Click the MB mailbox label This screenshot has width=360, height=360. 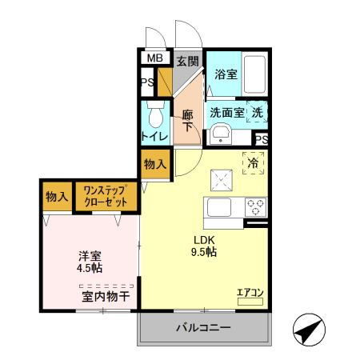154,58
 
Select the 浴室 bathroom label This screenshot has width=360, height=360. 226,74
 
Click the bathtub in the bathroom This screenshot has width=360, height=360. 254,74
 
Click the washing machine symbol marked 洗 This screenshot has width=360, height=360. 258,113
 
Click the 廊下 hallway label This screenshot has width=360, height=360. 187,119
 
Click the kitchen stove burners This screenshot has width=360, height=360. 256,207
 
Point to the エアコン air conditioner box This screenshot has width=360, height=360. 250,296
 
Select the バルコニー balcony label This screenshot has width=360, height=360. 204,328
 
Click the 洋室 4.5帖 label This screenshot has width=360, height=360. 89,262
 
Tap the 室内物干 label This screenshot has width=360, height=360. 106,297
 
